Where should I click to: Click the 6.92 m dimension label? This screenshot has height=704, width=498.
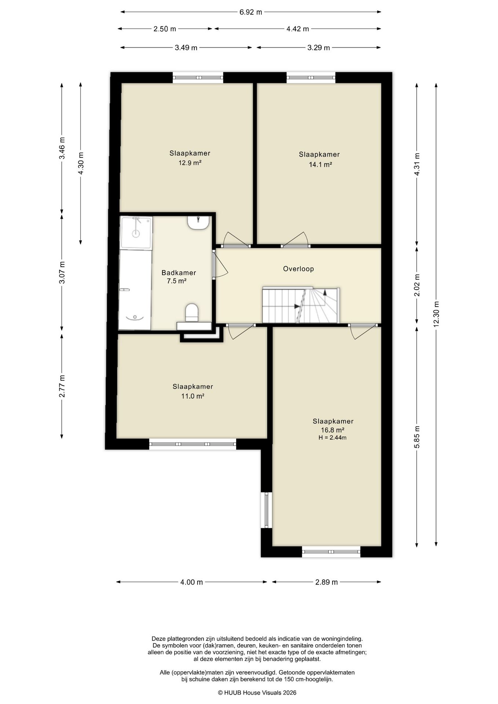pyautogui.click(x=251, y=12)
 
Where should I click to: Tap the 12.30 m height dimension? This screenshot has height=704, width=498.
pyautogui.click(x=436, y=314)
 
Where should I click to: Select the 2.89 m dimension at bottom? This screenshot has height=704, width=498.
pyautogui.click(x=326, y=582)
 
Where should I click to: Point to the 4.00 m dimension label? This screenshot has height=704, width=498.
pyautogui.click(x=192, y=582)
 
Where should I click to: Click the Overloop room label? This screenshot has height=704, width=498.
pyautogui.click(x=299, y=269)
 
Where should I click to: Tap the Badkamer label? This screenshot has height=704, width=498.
pyautogui.click(x=179, y=273)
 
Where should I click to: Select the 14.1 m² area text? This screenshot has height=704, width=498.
pyautogui.click(x=320, y=165)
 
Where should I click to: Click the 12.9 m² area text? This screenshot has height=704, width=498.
pyautogui.click(x=190, y=163)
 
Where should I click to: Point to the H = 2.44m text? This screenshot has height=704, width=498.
pyautogui.click(x=333, y=437)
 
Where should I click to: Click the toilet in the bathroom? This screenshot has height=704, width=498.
pyautogui.click(x=191, y=312)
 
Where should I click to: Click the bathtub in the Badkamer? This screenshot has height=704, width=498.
pyautogui.click(x=135, y=290)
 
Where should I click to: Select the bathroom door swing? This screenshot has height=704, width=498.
pyautogui.click(x=220, y=265)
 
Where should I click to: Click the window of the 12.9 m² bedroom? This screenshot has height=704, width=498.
pyautogui.click(x=198, y=77)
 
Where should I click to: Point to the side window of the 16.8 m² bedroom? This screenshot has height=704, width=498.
pyautogui.click(x=267, y=510)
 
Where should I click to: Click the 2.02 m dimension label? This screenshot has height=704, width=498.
pyautogui.click(x=417, y=285)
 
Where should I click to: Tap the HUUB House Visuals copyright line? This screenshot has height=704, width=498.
pyautogui.click(x=257, y=693)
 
